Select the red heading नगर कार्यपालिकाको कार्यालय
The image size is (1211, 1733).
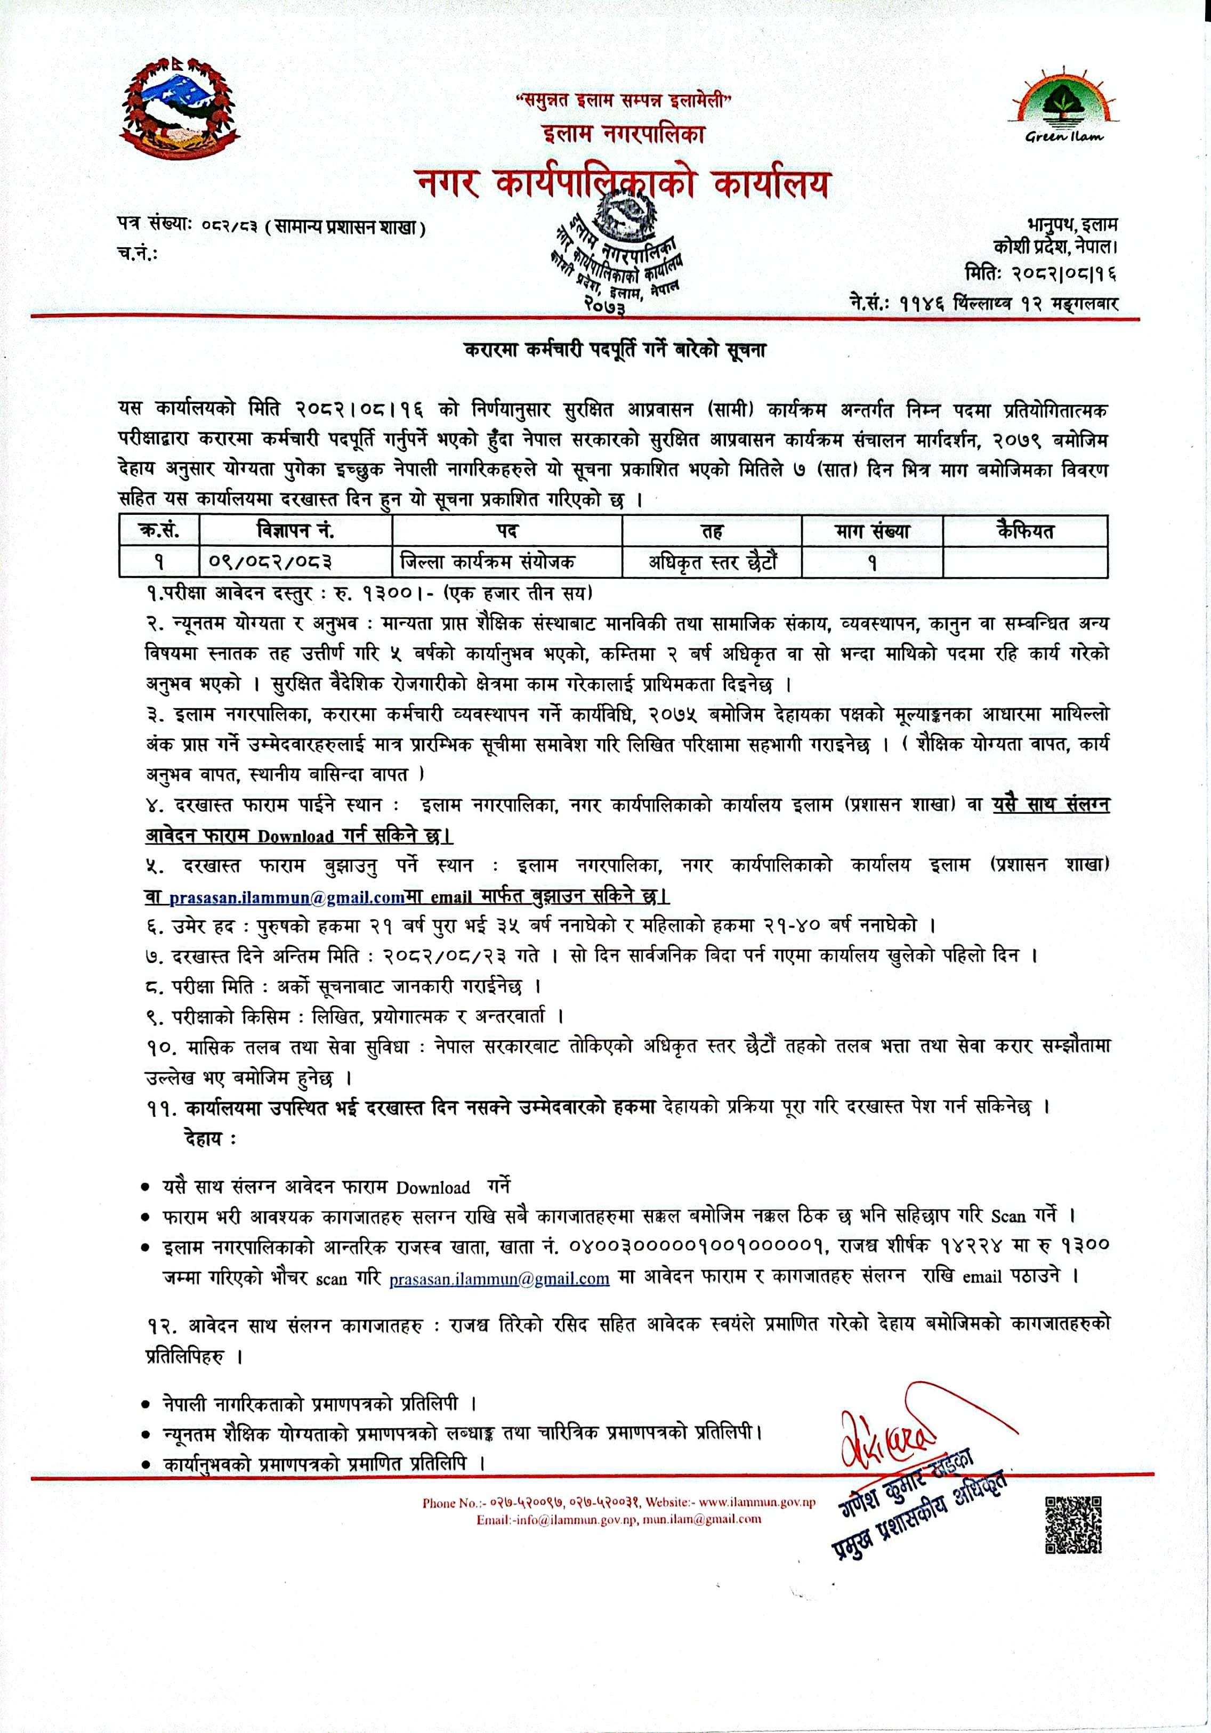(623, 185)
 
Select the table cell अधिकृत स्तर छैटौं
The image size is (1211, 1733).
(712, 562)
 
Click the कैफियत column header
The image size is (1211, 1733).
(1024, 531)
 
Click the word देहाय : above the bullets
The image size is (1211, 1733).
(209, 1139)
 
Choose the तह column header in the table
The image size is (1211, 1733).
(712, 531)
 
